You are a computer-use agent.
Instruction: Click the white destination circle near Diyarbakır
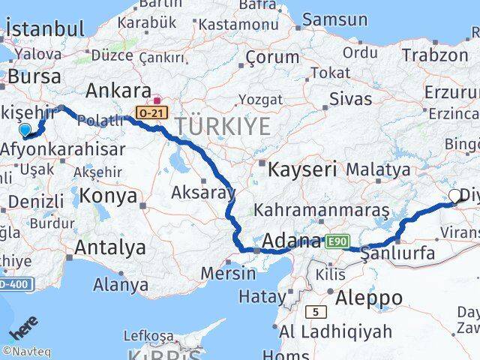[454, 197]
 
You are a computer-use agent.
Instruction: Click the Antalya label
[110, 247]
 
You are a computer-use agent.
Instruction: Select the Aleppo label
[370, 298]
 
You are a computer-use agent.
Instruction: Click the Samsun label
[335, 20]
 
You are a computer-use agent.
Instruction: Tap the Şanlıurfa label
[397, 253]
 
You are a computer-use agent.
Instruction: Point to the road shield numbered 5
[316, 310]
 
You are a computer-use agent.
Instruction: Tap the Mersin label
[229, 273]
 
